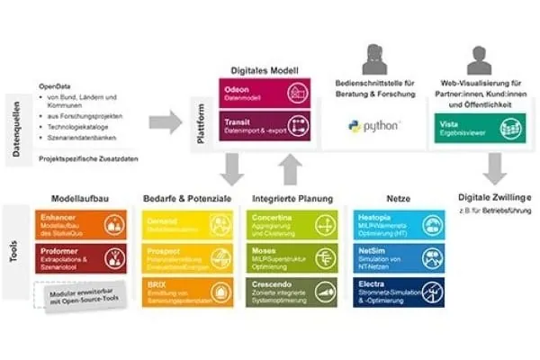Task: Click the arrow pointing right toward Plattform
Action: (x=167, y=120)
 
